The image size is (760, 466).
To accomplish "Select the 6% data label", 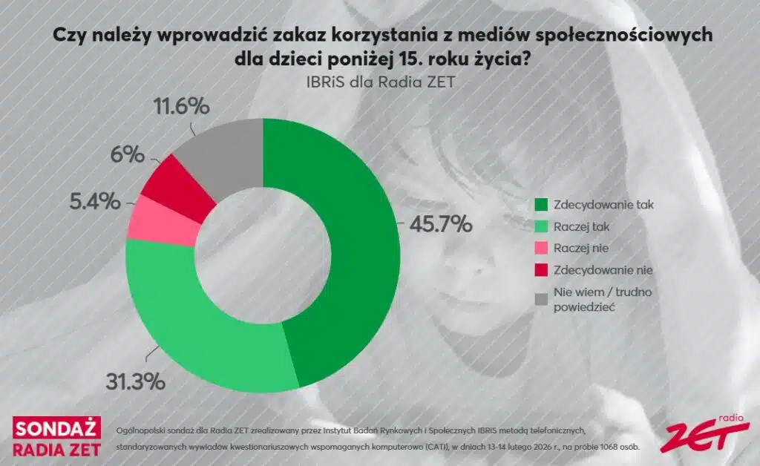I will tap(127, 154).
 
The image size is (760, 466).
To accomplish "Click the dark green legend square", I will tap(540, 203).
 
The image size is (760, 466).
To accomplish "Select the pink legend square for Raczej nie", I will tap(540, 247).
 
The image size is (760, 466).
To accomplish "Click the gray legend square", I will tap(540, 298).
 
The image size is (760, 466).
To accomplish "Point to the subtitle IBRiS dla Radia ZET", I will tap(379, 82).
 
